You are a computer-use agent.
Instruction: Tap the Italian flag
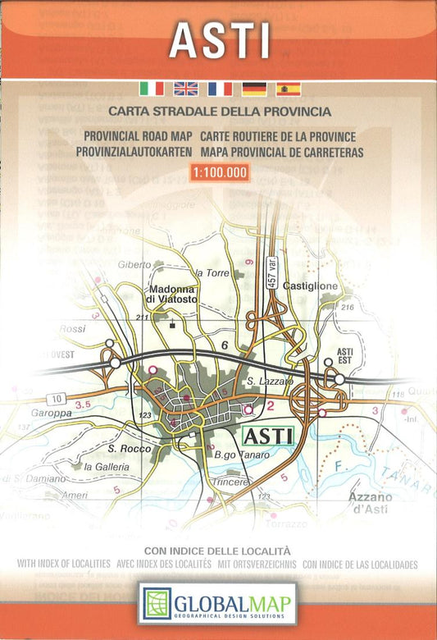tap(152, 89)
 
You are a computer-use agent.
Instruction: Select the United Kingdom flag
tap(186, 89)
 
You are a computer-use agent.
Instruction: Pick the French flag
tap(220, 89)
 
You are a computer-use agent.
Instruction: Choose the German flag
tap(254, 89)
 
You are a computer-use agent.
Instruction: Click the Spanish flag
tap(288, 89)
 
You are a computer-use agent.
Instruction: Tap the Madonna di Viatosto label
tap(173, 295)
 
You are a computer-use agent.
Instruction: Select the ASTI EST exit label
tap(345, 355)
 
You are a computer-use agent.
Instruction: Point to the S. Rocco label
tap(126, 449)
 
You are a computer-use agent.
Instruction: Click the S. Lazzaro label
tap(264, 382)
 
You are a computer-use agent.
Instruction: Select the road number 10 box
tap(56, 399)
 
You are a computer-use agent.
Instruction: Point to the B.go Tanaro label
tap(230, 455)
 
